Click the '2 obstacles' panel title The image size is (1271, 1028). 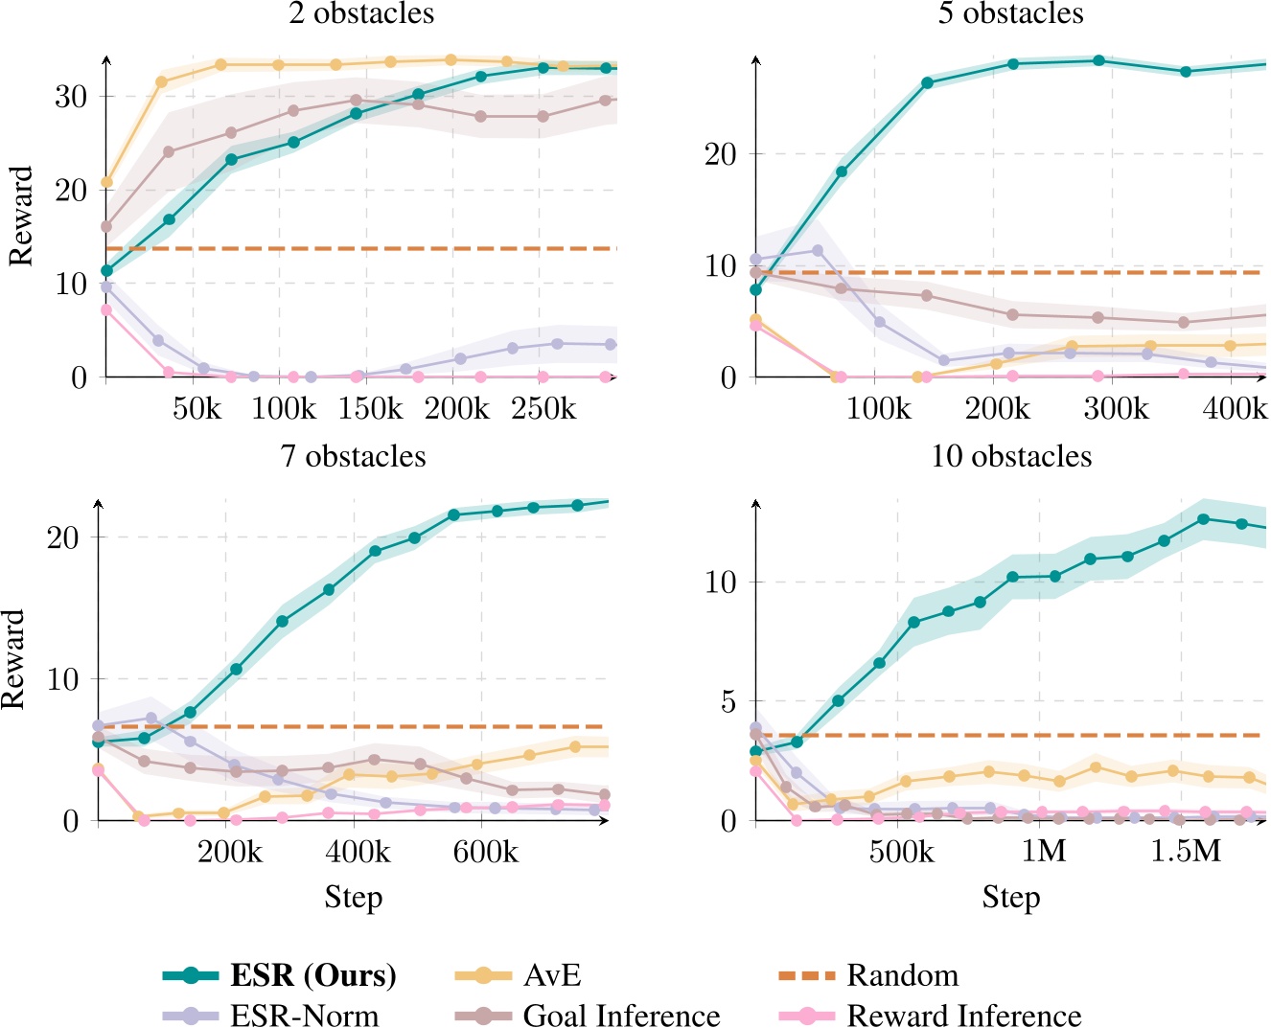(361, 13)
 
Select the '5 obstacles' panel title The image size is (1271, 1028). (1010, 13)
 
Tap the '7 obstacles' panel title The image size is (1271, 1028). (353, 456)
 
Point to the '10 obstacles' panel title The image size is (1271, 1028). (1011, 456)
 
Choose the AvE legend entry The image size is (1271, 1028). (552, 975)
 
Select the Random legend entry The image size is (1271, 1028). (902, 975)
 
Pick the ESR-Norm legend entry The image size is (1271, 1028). (304, 1015)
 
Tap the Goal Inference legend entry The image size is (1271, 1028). (621, 1015)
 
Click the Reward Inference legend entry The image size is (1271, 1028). (963, 1015)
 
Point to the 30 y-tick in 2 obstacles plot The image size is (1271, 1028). (70, 97)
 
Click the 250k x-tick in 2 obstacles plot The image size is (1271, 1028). (543, 409)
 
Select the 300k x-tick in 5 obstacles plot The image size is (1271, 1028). (1116, 409)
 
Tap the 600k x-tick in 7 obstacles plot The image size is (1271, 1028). (485, 852)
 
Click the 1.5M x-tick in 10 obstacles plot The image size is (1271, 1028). (1186, 852)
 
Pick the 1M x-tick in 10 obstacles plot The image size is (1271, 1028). (1043, 852)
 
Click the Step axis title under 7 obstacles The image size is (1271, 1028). (353, 898)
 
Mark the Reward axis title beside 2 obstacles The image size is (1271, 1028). (20, 217)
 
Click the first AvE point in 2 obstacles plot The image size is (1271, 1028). (106, 182)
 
